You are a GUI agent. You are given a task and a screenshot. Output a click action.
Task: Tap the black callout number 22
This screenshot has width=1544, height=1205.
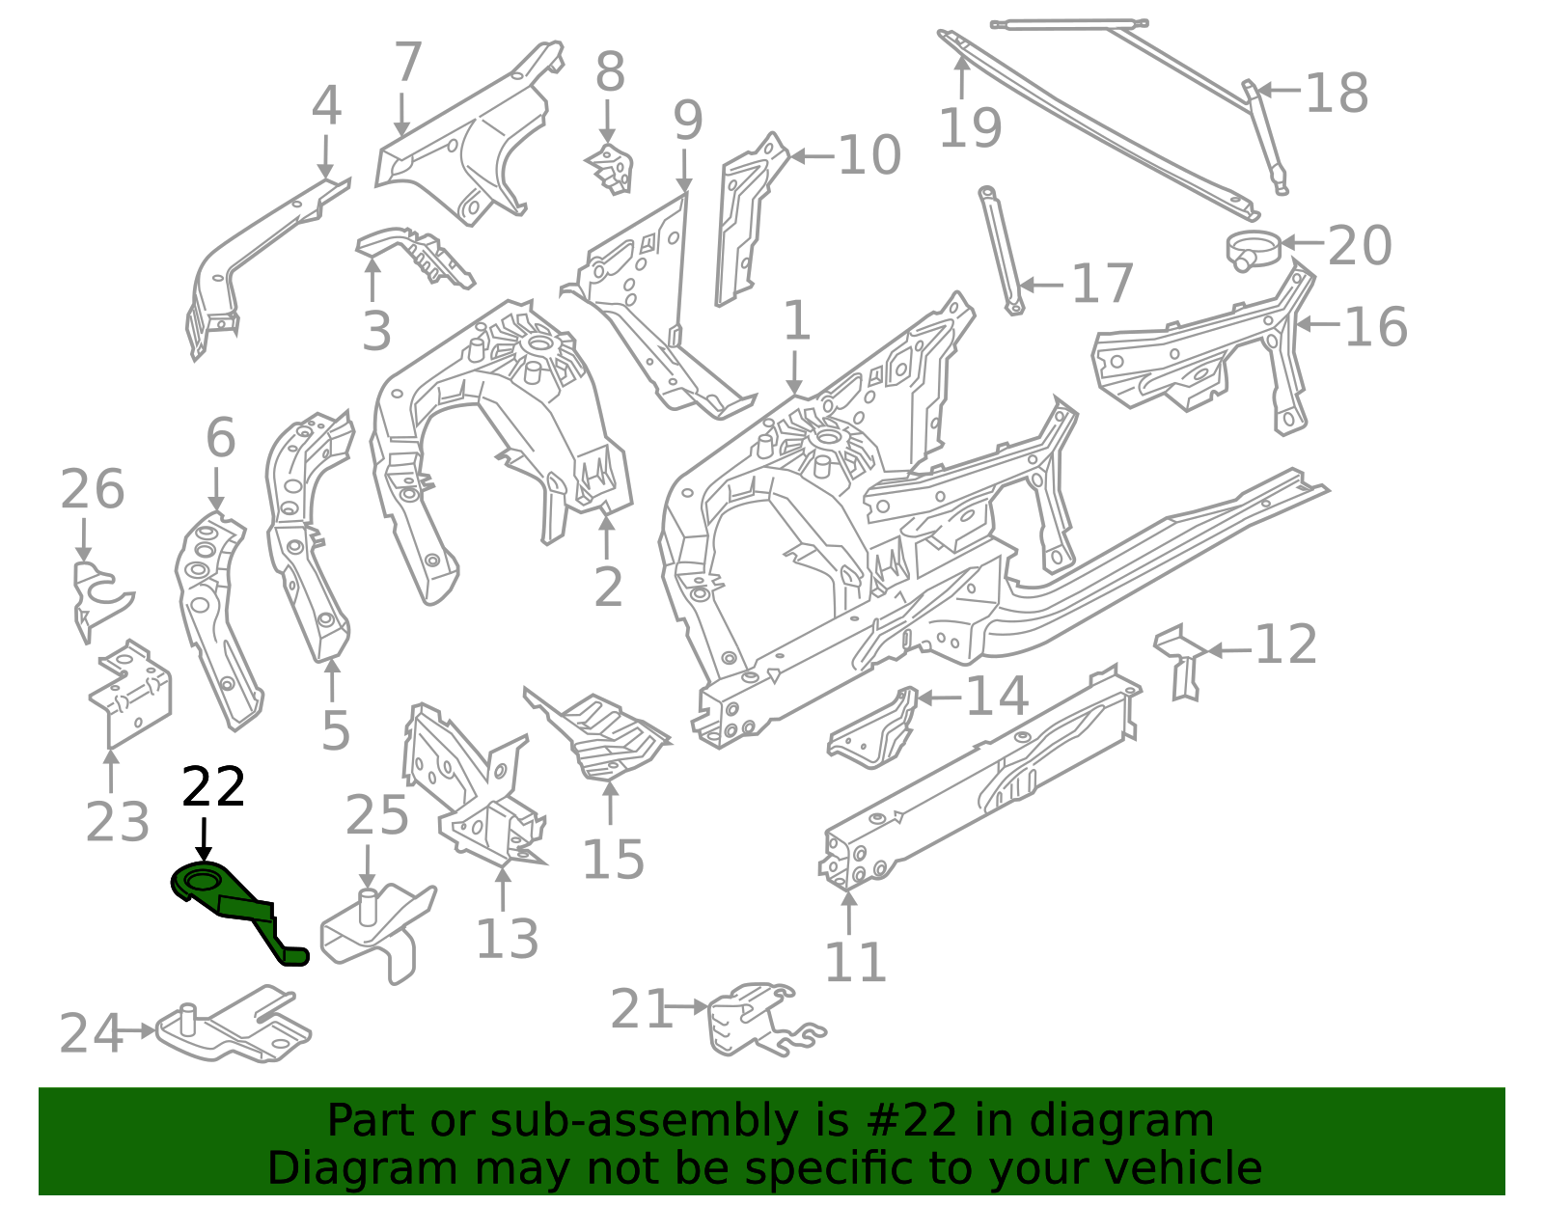pyautogui.click(x=213, y=788)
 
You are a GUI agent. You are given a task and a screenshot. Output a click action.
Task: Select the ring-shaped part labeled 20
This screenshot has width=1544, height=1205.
pyautogui.click(x=1253, y=249)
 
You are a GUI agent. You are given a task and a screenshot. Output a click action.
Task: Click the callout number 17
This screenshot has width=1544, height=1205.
pyautogui.click(x=1102, y=285)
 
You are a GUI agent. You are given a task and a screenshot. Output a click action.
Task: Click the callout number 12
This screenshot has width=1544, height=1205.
pyautogui.click(x=1285, y=645)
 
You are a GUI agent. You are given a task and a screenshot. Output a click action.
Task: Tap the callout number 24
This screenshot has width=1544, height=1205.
pyautogui.click(x=91, y=1033)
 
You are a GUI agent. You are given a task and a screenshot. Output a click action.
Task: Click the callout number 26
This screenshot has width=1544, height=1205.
pyautogui.click(x=93, y=489)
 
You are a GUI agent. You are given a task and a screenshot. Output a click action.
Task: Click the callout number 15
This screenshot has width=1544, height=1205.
pyautogui.click(x=613, y=859)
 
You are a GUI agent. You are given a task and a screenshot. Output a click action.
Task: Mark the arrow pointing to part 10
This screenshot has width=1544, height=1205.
pyautogui.click(x=812, y=155)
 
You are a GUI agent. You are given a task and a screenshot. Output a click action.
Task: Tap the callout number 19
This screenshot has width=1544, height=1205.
pyautogui.click(x=970, y=127)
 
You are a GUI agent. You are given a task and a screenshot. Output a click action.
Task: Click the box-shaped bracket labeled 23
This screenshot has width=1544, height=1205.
pyautogui.click(x=130, y=690)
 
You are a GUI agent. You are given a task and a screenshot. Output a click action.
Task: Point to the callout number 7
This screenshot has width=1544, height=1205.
pyautogui.click(x=407, y=63)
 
